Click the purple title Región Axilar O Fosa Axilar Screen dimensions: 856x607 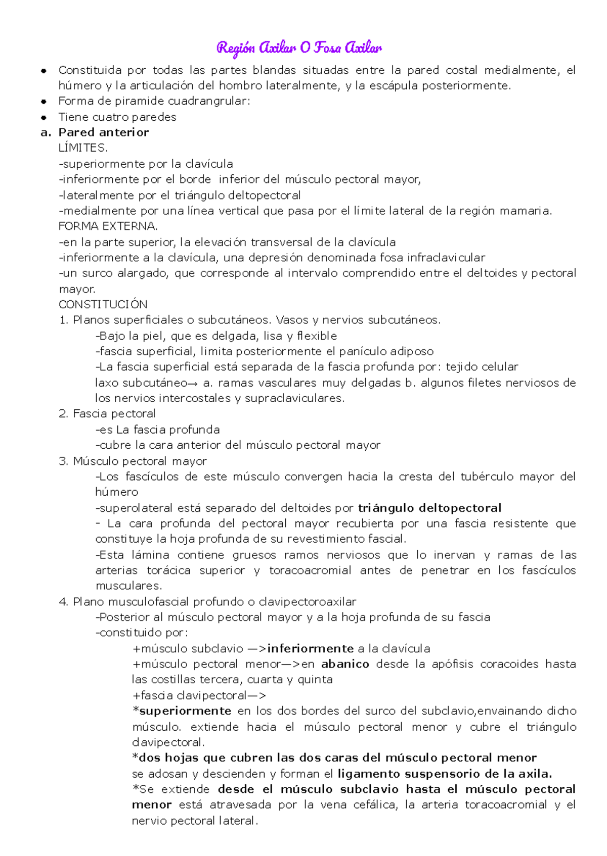299,48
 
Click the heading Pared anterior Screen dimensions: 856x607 103,132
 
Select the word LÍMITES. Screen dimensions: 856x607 83,148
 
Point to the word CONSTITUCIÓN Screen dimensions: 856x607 103,304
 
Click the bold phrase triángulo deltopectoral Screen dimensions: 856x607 429,508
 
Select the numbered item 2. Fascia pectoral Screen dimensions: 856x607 107,413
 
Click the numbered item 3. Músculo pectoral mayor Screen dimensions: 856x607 133,461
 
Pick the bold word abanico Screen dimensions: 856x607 345,664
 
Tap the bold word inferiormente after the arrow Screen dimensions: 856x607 310,648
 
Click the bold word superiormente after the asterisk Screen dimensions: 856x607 185,711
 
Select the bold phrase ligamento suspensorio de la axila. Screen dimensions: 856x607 445,774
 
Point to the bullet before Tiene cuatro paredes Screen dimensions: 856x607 44,117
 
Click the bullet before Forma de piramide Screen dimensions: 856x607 44,102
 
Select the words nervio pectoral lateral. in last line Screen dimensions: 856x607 195,821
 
